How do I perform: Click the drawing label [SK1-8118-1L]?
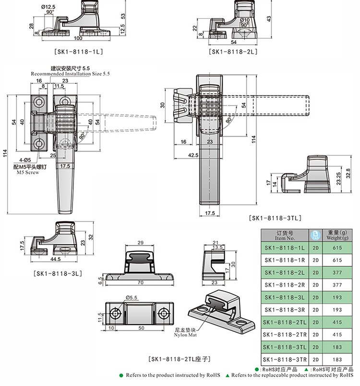tap(78, 52)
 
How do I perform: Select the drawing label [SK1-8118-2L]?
tap(233, 52)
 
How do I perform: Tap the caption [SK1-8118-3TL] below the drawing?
tap(275, 218)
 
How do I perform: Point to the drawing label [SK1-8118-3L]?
tap(58, 273)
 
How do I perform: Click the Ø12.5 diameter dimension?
tap(48, 7)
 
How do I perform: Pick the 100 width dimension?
tap(78, 38)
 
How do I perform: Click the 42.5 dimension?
tap(193, 155)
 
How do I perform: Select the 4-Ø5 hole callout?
tap(25, 160)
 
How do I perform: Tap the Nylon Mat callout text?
tap(185, 335)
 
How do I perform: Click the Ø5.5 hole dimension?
tap(132, 298)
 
